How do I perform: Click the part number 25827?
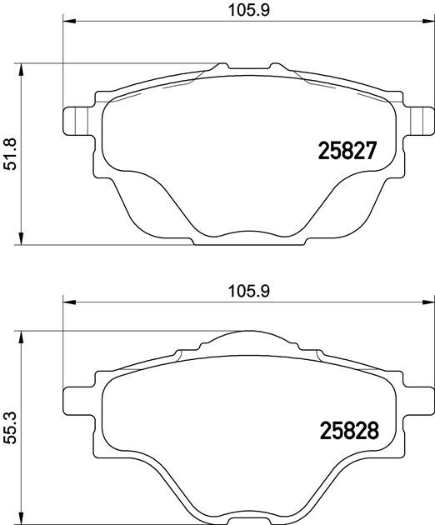tap(347, 151)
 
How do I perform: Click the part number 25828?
tap(349, 430)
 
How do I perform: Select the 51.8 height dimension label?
tap(11, 154)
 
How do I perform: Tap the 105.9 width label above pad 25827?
tap(249, 11)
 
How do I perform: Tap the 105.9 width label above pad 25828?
tap(249, 292)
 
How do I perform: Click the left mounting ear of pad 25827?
tap(77, 121)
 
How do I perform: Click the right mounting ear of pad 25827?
tap(420, 121)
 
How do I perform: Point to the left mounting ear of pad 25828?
tap(77, 402)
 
